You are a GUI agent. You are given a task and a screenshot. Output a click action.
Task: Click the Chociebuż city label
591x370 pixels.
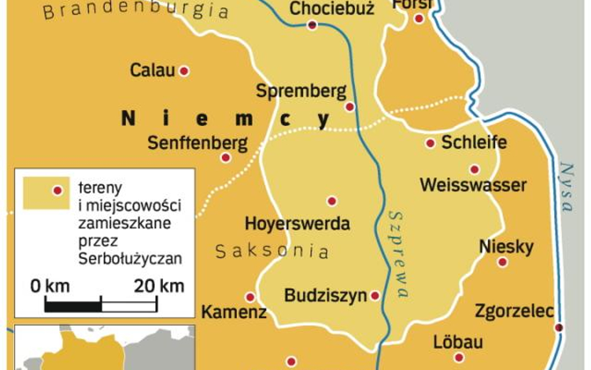coord(332,9)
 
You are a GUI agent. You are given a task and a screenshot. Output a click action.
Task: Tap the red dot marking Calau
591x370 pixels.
coord(184,71)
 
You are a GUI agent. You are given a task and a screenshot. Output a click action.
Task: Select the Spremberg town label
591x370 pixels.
coord(301,91)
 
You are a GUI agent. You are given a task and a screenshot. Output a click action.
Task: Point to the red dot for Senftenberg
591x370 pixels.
coord(226,157)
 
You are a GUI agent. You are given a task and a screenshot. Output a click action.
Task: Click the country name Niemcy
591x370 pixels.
coord(226,119)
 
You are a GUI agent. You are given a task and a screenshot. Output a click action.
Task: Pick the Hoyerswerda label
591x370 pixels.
coord(297,223)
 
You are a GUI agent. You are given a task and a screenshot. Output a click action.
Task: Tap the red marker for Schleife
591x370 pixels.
coord(430,144)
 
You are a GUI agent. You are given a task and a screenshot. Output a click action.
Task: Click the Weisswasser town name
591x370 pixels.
coord(473,185)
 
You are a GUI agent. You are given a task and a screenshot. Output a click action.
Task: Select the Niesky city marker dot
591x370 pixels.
coord(502,262)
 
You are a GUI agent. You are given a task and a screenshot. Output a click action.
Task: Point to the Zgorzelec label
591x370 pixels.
coord(514,311)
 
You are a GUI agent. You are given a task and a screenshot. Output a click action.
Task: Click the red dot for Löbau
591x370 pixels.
coord(459,358)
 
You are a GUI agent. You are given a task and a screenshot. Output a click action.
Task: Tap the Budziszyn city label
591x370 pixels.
coord(325,296)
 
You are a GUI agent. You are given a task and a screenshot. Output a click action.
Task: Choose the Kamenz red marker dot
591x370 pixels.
coord(250,297)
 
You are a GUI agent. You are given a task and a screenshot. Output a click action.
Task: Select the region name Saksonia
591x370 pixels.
coord(272,251)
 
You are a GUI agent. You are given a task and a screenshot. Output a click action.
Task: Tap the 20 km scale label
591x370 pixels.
coord(159,286)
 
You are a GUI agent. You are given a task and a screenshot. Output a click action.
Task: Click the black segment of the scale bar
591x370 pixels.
coord(73,306)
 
